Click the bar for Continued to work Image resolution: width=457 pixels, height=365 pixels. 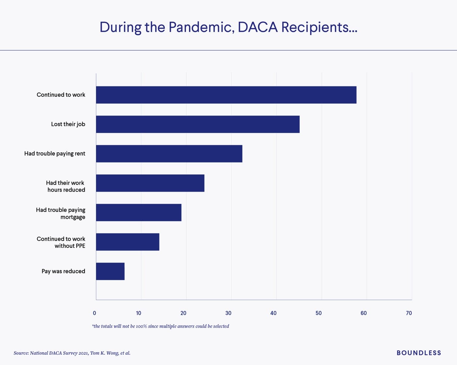(x=226, y=95)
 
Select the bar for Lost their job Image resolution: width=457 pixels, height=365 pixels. (x=197, y=124)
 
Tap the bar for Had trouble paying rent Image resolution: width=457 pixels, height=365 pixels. (x=169, y=154)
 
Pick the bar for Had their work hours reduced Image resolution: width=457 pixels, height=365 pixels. (x=150, y=183)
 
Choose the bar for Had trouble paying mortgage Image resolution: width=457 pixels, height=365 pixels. (x=138, y=212)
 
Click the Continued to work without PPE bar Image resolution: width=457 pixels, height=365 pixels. (x=128, y=242)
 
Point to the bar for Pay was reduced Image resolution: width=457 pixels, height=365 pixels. (x=110, y=271)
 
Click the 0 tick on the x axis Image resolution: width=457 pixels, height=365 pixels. (x=94, y=313)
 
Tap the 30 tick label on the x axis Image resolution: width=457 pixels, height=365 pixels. (x=228, y=313)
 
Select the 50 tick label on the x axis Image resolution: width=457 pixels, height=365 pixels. (x=318, y=313)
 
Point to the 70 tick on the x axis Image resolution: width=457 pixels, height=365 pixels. (x=409, y=313)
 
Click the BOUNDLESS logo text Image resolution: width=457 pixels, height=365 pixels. (x=419, y=353)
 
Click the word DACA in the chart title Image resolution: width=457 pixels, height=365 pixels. (x=258, y=27)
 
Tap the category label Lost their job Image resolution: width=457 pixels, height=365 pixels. (x=68, y=124)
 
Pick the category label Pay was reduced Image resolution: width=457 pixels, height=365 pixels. (x=63, y=271)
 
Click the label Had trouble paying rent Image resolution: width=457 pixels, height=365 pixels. (x=55, y=154)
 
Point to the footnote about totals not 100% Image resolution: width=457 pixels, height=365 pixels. (x=161, y=326)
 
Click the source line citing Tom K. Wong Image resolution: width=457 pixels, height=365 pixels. (x=72, y=353)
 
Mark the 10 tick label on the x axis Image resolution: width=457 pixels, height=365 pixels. (x=138, y=313)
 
